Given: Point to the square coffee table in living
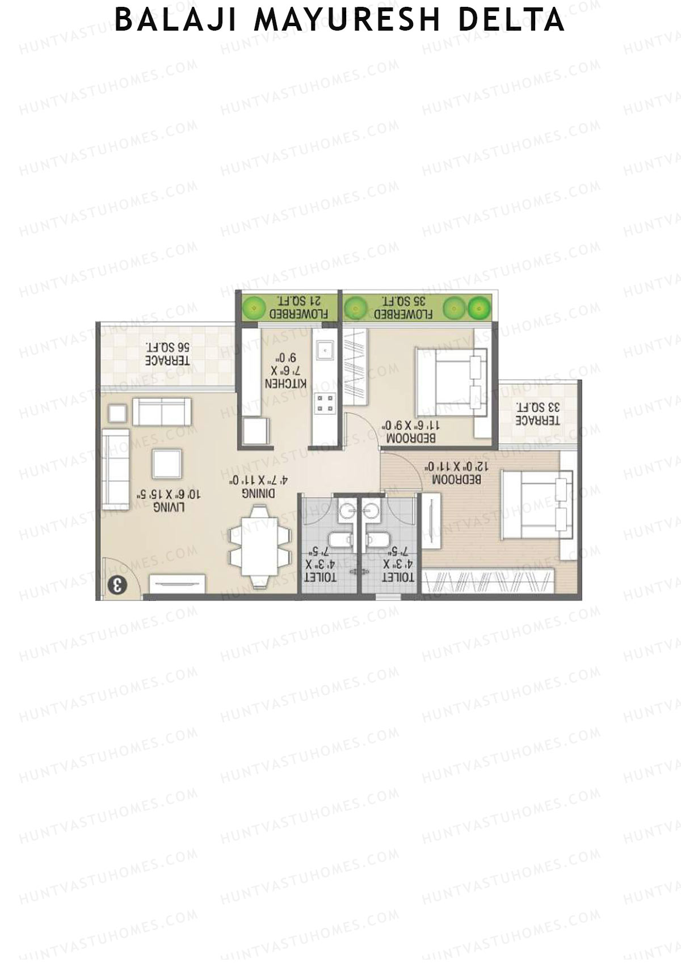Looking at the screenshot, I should point(167,464).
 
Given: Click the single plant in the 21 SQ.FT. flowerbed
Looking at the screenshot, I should point(251,308).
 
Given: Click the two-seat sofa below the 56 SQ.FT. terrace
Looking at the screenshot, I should point(162,411).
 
